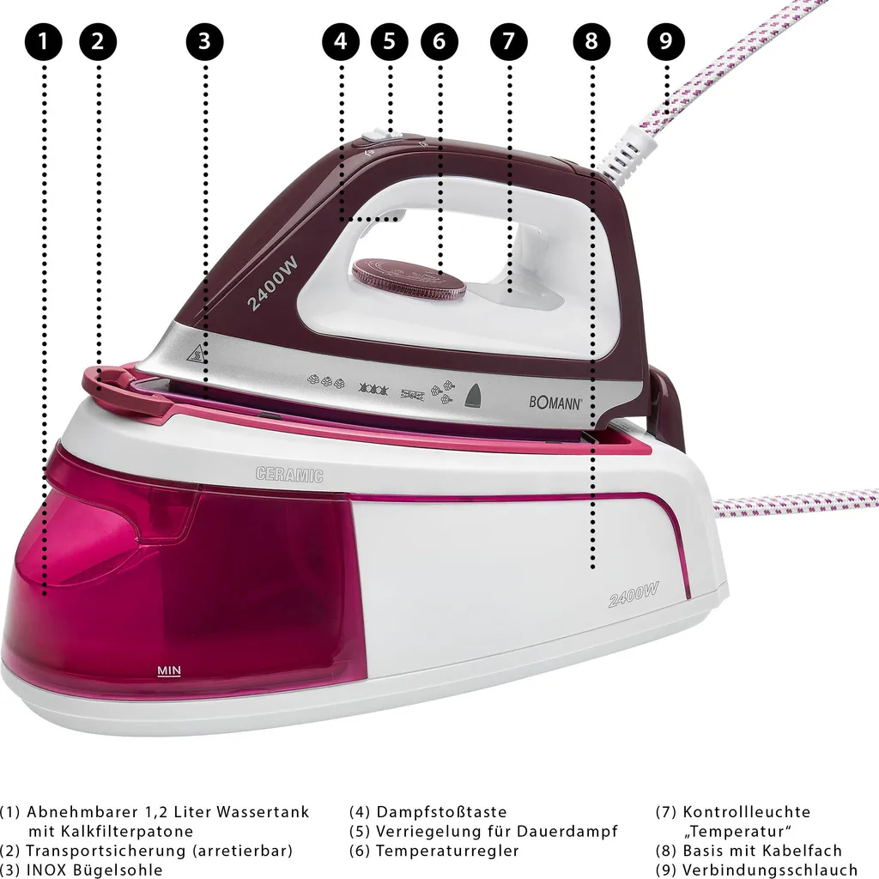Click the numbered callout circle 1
pyautogui.click(x=45, y=41)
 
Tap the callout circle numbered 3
pyautogui.click(x=204, y=41)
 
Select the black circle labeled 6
pyautogui.click(x=439, y=41)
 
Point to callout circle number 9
pyautogui.click(x=666, y=41)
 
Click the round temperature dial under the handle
pyautogui.click(x=409, y=278)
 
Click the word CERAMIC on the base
pyautogui.click(x=289, y=474)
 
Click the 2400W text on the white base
pyautogui.click(x=633, y=593)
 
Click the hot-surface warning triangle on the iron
pyautogui.click(x=199, y=353)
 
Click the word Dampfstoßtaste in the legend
pyautogui.click(x=441, y=811)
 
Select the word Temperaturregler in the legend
pyautogui.click(x=447, y=851)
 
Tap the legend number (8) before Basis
pyautogui.click(x=666, y=851)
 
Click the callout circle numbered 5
pyautogui.click(x=390, y=41)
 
